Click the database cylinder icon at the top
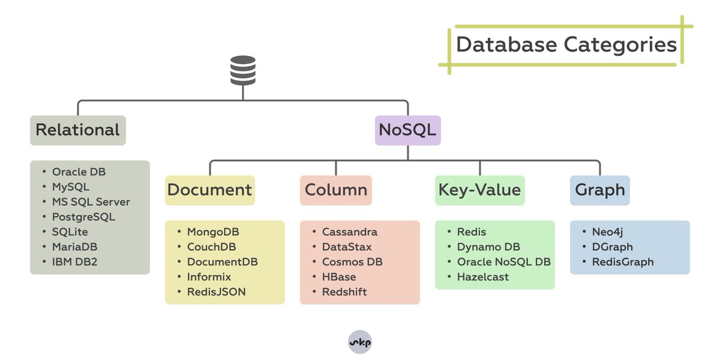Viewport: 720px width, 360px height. click(243, 70)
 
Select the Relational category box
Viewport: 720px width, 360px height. click(78, 130)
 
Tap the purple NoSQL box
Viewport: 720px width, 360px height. click(408, 130)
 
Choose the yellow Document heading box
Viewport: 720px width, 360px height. click(210, 190)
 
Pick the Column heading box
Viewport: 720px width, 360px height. click(336, 190)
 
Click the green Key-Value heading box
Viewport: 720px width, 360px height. click(480, 190)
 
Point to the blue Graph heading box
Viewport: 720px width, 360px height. click(600, 190)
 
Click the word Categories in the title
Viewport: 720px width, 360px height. click(620, 45)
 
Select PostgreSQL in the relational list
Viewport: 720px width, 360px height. click(83, 217)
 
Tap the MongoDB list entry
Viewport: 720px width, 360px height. click(213, 232)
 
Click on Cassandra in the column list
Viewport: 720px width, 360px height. click(350, 232)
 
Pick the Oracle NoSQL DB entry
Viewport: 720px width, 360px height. click(504, 262)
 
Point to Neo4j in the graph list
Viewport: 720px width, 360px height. click(607, 232)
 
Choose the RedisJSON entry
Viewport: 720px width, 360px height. click(217, 292)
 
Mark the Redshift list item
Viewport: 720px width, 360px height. click(344, 292)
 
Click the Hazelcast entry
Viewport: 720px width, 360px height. click(483, 277)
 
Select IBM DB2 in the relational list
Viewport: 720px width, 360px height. click(74, 262)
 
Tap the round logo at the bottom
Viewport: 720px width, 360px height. click(360, 342)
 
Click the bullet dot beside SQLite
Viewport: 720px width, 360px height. click(44, 232)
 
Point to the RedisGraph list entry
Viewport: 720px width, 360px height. click(623, 262)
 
